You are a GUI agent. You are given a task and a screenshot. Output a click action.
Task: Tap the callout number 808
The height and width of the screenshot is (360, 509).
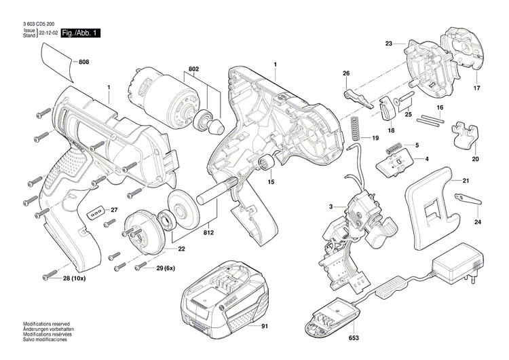pos(83,63)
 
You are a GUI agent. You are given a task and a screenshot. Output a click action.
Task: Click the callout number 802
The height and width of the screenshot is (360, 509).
pos(193,70)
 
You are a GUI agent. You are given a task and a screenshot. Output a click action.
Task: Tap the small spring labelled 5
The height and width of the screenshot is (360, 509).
pos(394,147)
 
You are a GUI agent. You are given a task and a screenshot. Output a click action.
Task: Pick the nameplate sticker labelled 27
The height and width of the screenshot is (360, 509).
pos(95,213)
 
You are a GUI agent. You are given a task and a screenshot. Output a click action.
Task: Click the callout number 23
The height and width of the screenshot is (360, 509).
pos(389,43)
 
